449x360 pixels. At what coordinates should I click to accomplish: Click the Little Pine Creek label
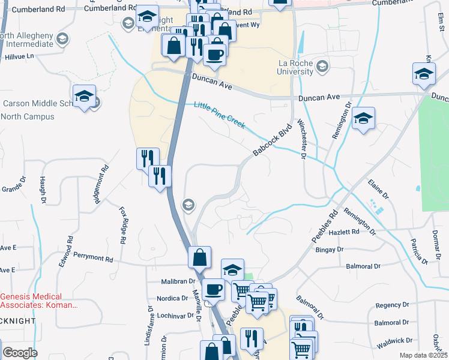219,115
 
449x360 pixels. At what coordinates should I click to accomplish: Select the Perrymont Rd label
93,260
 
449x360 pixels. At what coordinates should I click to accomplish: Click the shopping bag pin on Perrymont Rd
199,257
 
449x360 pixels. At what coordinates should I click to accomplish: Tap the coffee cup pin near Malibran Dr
213,290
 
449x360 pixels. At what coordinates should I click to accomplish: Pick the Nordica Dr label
172,298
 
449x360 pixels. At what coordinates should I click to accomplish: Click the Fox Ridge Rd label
123,224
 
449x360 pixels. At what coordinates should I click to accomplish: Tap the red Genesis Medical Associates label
39,301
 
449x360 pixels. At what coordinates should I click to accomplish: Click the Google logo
20,353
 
